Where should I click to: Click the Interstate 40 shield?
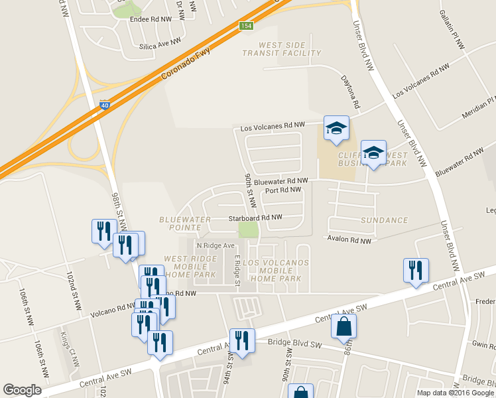click(105, 105)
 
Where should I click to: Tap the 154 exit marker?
click(246, 26)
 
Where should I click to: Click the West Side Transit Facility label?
click(281, 49)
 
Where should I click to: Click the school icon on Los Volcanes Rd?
click(336, 127)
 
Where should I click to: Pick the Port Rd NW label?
click(283, 190)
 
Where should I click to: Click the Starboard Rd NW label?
click(255, 218)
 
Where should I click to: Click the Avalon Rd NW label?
click(349, 240)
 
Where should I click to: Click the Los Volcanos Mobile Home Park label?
click(277, 271)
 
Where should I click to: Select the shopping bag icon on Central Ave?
click(344, 326)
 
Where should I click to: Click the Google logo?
click(23, 390)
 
